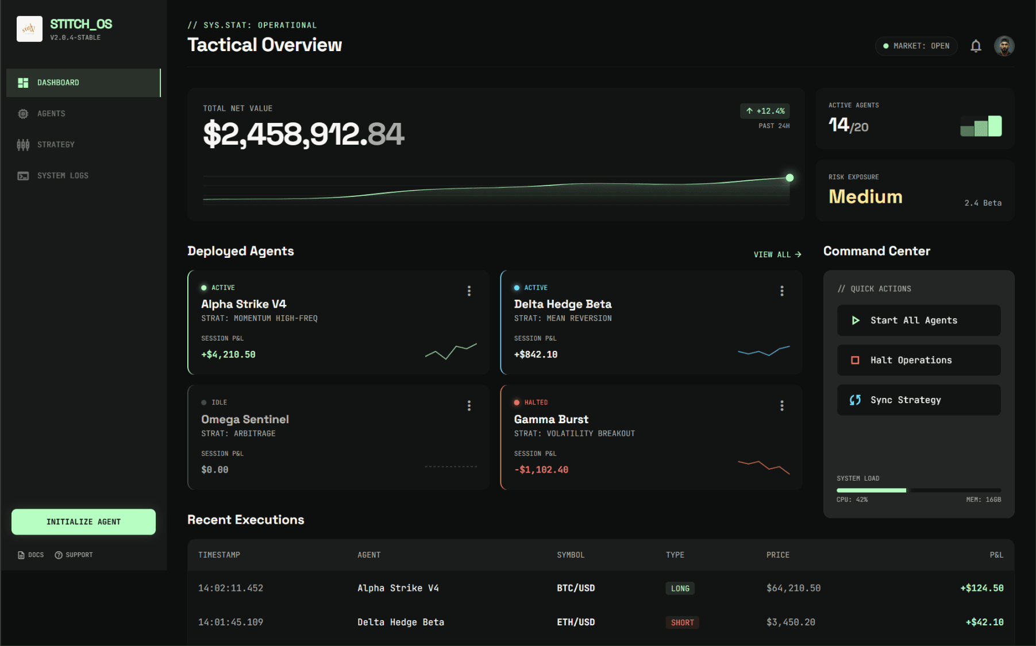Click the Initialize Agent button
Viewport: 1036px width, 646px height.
[83, 521]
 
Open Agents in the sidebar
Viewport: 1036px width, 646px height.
[51, 114]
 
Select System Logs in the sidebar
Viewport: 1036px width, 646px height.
[62, 176]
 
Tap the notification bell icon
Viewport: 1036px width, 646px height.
[976, 46]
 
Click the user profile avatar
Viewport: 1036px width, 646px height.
[1004, 46]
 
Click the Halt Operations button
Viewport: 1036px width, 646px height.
[918, 360]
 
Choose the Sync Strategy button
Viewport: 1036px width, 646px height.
[918, 400]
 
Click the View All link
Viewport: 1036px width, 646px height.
[777, 254]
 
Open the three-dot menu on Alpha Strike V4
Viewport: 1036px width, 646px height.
[469, 291]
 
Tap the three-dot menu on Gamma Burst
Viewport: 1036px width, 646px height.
[781, 406]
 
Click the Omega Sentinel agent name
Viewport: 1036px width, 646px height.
[245, 419]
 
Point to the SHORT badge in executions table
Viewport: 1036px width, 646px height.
[682, 622]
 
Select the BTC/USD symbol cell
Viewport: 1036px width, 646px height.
[576, 588]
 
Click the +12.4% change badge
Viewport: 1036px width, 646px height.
[765, 111]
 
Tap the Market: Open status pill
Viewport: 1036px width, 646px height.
[916, 46]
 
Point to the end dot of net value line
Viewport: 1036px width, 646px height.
[789, 178]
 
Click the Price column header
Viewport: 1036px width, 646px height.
[777, 555]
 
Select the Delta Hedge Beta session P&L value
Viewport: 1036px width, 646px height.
[536, 355]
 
